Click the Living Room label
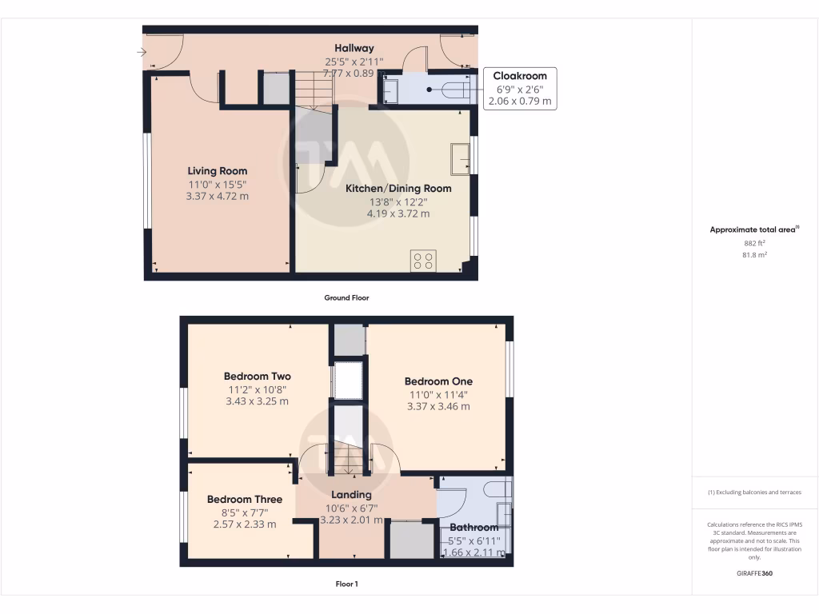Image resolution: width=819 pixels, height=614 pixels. (218, 171)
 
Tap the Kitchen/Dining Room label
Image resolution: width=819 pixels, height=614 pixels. (398, 189)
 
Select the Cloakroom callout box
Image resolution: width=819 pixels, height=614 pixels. (520, 89)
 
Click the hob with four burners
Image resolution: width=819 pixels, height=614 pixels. (423, 261)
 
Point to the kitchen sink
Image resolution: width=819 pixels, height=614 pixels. (460, 158)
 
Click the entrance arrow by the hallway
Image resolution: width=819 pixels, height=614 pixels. (142, 53)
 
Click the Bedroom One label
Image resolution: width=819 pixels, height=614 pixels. (438, 382)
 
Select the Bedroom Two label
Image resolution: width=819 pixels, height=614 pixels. (257, 377)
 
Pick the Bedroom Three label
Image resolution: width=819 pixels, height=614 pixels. (245, 500)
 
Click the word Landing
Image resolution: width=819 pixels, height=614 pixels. (352, 495)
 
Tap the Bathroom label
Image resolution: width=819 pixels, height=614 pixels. (473, 528)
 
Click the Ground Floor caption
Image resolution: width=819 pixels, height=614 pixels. (346, 297)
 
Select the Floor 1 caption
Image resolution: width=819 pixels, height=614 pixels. (346, 584)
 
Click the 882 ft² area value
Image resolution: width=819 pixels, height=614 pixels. (755, 243)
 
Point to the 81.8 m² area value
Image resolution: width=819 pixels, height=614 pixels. (755, 255)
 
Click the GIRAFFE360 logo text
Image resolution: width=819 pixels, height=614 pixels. (755, 573)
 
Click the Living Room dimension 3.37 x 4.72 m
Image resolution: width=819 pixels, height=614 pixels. (218, 195)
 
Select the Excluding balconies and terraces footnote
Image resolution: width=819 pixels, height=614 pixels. (754, 492)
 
